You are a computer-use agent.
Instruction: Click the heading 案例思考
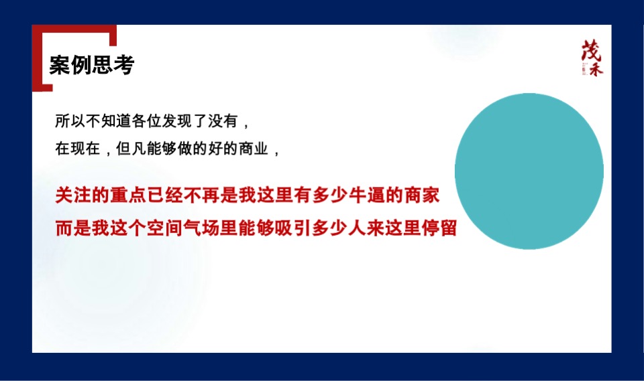click(x=92, y=65)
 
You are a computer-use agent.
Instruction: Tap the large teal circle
click(x=529, y=171)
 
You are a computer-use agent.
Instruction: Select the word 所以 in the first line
click(x=69, y=123)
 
